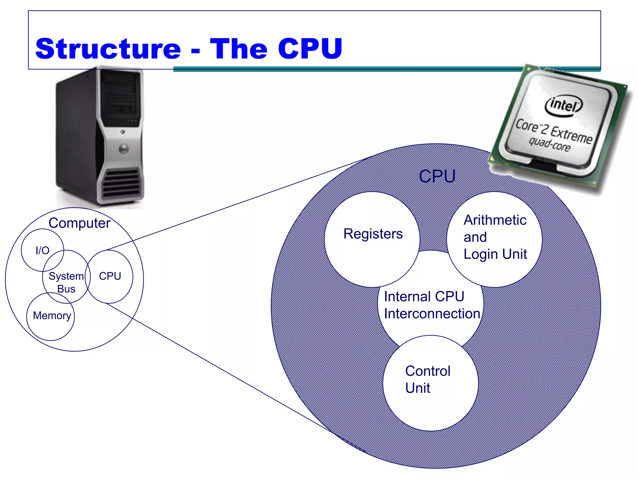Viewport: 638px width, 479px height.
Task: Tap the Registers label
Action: pos(373,234)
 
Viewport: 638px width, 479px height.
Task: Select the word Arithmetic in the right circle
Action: pos(495,220)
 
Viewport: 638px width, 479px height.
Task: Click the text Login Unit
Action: pos(495,254)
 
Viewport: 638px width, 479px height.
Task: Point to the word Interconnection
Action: pos(432,313)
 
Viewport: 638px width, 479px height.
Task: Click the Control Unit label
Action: pos(427,379)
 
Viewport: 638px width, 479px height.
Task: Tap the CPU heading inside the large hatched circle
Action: pos(437,176)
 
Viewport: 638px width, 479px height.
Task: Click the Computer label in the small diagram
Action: pos(79,223)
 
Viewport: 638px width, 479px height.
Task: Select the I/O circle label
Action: pos(42,250)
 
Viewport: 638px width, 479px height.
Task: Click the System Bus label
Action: pos(66,282)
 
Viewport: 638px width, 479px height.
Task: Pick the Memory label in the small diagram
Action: pos(52,316)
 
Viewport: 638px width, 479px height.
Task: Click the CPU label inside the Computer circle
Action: pos(110,276)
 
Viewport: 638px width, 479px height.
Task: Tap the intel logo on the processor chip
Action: pos(563,105)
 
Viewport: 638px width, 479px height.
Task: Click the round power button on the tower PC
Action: pos(124,149)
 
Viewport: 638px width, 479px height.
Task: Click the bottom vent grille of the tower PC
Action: pos(121,183)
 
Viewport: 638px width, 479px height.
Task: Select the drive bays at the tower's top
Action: pos(120,97)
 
